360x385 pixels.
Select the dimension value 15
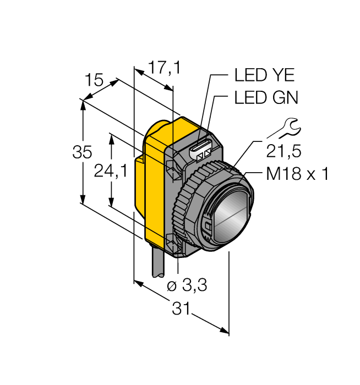coord(94,81)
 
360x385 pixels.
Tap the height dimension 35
coord(83,152)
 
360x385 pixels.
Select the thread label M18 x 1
coord(297,174)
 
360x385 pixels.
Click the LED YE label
coord(264,75)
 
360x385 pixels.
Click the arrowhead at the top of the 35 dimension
coord(83,105)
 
